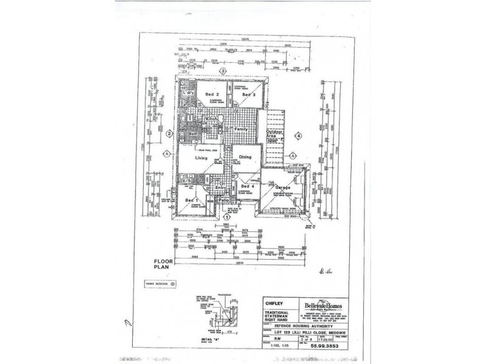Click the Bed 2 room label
[x=211, y=95]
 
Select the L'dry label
[x=187, y=92]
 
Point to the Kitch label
[x=211, y=119]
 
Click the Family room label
[x=242, y=130]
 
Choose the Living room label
[x=202, y=158]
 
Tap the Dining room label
[x=246, y=157]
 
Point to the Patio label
[x=222, y=199]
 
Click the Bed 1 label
[x=191, y=200]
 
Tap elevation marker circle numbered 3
[x=223, y=71]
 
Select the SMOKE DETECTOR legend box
[x=159, y=283]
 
